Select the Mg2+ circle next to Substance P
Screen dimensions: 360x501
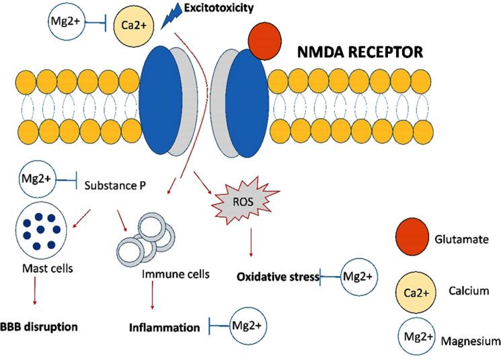pyautogui.click(x=37, y=180)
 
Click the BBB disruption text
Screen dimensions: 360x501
pyautogui.click(x=38, y=327)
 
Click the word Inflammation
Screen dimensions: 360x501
pyautogui.click(x=165, y=328)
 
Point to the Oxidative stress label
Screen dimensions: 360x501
pyautogui.click(x=278, y=276)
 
